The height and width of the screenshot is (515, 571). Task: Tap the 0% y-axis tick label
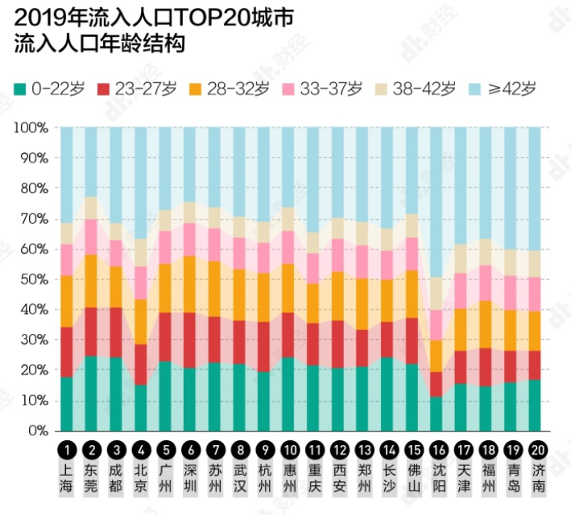pyautogui.click(x=37, y=431)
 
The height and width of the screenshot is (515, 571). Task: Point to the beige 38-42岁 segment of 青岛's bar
pyautogui.click(x=511, y=262)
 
